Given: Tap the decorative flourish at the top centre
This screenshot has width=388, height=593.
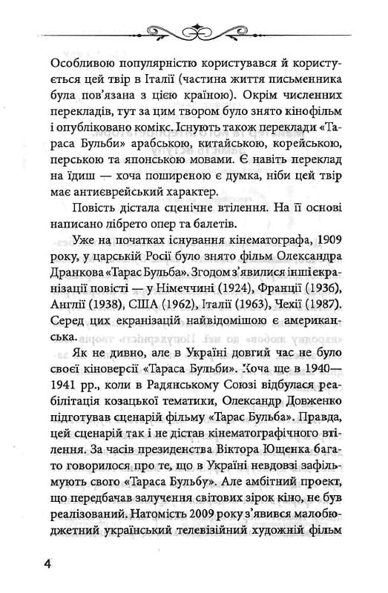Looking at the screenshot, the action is [x=194, y=30].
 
